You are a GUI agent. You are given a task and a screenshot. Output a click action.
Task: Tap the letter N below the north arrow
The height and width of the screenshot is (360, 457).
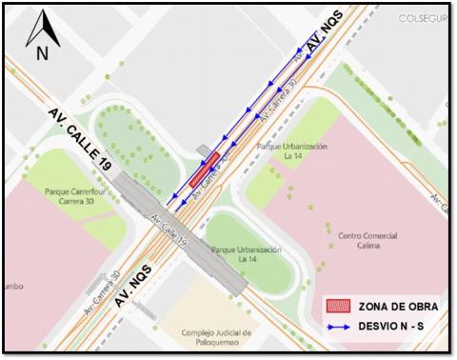coord(41,54)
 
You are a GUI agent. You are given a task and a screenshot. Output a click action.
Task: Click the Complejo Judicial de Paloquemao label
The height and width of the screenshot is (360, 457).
coord(217,337)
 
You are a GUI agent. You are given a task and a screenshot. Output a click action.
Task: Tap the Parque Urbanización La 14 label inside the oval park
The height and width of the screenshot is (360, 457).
coord(247,253)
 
